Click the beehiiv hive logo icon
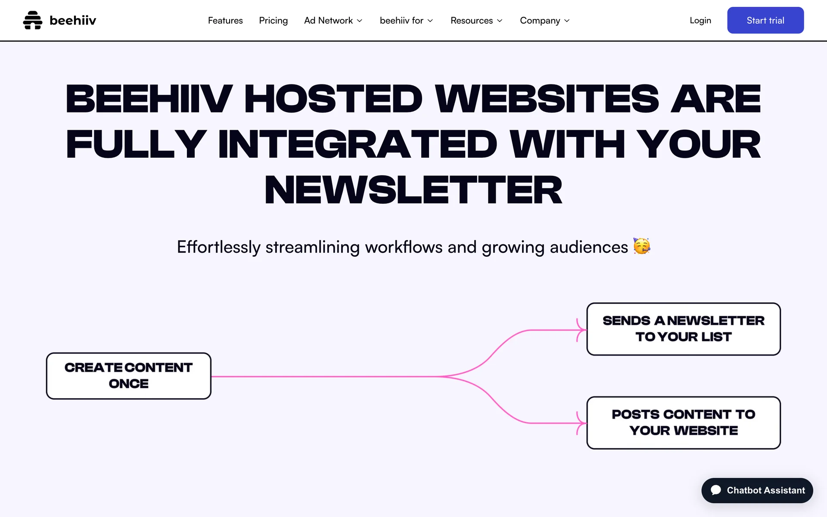33,20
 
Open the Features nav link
225,20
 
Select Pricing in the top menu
274,20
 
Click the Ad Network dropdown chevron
360,21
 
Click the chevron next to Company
567,21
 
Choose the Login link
700,20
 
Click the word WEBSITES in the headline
547,99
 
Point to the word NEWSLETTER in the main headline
413,190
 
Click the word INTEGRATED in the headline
358,144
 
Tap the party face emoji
642,246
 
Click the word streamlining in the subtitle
312,247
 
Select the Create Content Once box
129,376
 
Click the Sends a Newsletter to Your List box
684,329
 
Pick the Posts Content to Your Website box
684,423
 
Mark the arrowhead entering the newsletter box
581,330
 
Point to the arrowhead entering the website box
581,423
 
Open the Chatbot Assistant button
757,490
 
